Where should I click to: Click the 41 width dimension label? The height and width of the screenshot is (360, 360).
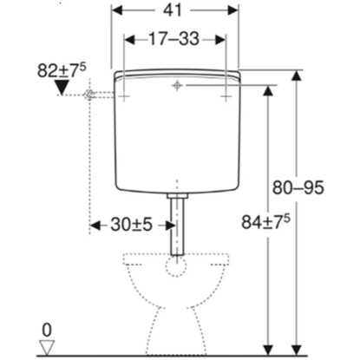coord(173,10)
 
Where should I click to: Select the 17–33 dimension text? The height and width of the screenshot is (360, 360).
coord(174,39)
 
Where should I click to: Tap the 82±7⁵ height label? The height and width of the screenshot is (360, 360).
coord(62,70)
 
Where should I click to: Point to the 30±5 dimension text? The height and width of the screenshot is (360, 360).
coord(131,225)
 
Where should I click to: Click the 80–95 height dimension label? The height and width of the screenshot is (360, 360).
coord(298,187)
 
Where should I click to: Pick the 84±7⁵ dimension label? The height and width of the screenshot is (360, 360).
coord(265,222)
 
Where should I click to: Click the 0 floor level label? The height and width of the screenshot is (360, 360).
coord(47,331)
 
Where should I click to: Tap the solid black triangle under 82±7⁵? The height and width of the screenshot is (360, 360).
coord(62,88)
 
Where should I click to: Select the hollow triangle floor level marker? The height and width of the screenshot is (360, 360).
coord(47,348)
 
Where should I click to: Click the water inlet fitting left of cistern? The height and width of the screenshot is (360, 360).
coord(89,95)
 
